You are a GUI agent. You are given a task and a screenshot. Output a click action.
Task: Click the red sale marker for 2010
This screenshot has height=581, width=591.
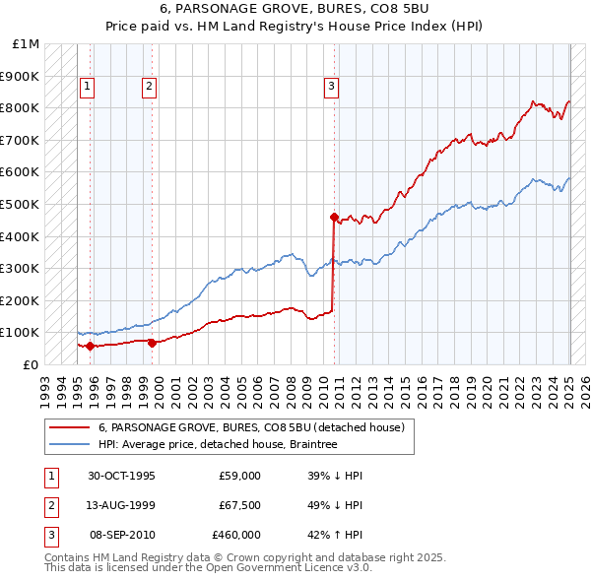pyautogui.click(x=334, y=217)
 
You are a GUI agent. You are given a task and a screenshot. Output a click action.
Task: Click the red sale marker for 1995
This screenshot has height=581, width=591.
pyautogui.click(x=90, y=346)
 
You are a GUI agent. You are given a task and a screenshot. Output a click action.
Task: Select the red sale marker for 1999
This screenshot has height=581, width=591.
pyautogui.click(x=152, y=343)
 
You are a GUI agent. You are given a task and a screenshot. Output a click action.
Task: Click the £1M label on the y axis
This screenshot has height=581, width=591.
pyautogui.click(x=27, y=44)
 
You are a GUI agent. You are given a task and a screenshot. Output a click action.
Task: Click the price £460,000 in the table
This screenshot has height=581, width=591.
pyautogui.click(x=236, y=535)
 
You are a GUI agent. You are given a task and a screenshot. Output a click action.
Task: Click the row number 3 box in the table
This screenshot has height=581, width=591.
pyautogui.click(x=49, y=535)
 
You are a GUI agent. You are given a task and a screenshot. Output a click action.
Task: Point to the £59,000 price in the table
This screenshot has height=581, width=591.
pyautogui.click(x=239, y=476)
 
